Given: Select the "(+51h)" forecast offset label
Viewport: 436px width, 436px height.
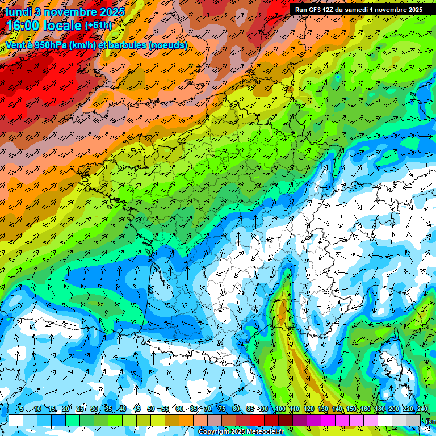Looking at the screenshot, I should tap(98, 26).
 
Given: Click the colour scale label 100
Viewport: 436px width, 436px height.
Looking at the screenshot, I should tap(279, 409).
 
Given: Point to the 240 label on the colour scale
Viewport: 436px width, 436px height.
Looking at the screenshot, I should tap(422, 409).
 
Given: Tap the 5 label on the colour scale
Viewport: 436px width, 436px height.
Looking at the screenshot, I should tap(21, 409).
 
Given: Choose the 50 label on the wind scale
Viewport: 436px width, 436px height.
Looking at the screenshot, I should tap(150, 409).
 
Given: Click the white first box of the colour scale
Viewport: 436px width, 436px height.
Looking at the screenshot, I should tap(16, 420).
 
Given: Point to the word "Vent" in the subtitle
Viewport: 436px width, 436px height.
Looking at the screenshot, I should tap(16, 45).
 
